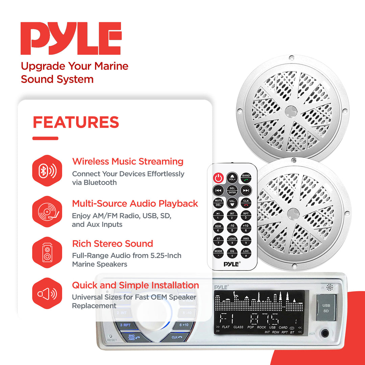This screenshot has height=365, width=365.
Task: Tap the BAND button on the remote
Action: [246, 177]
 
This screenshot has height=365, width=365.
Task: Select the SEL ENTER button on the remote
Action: [232, 190]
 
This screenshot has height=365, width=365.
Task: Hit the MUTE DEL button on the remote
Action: [218, 202]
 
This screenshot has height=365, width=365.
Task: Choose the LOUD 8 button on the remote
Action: [232, 240]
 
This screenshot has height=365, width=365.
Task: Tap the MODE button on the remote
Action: [218, 253]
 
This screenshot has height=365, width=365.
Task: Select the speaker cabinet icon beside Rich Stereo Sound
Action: [47, 252]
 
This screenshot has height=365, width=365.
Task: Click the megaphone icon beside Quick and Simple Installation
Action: [47, 293]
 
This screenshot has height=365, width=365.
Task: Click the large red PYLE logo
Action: [71, 39]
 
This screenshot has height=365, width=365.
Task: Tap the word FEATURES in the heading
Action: [76, 122]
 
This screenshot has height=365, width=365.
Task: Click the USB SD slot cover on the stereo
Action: [326, 308]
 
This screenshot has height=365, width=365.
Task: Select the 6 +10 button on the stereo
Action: [185, 325]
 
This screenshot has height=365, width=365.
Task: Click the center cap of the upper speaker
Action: [290, 111]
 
